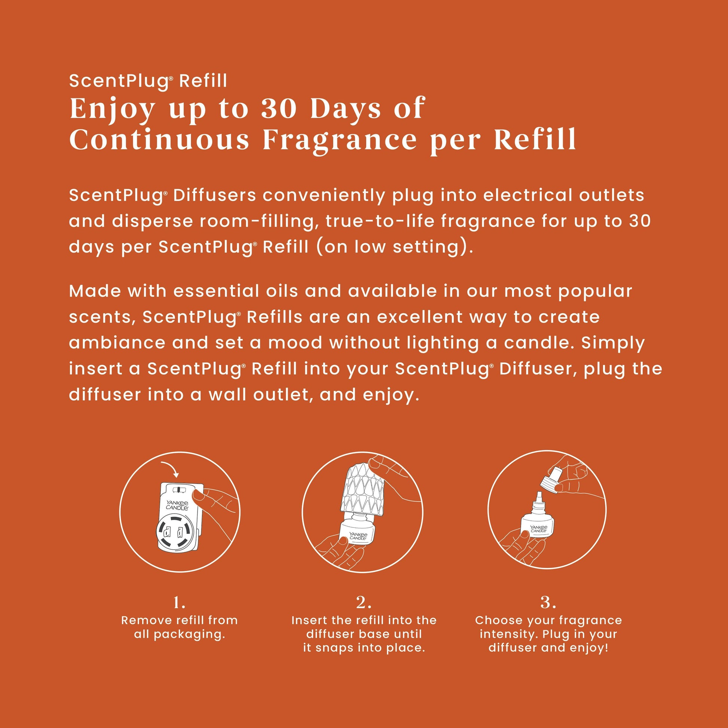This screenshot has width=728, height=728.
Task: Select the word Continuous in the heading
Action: pos(159,140)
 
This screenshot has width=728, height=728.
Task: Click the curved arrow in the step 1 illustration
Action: pos(170,468)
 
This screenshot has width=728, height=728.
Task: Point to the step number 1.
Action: pos(179,603)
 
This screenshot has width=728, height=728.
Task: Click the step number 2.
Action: pos(364,603)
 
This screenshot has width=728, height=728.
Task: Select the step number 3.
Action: pos(548,603)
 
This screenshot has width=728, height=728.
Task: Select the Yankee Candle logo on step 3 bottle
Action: pos(538,529)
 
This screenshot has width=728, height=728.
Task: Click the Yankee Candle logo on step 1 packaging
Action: pos(177,505)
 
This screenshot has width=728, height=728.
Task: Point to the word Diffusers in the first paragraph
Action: pos(215,195)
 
